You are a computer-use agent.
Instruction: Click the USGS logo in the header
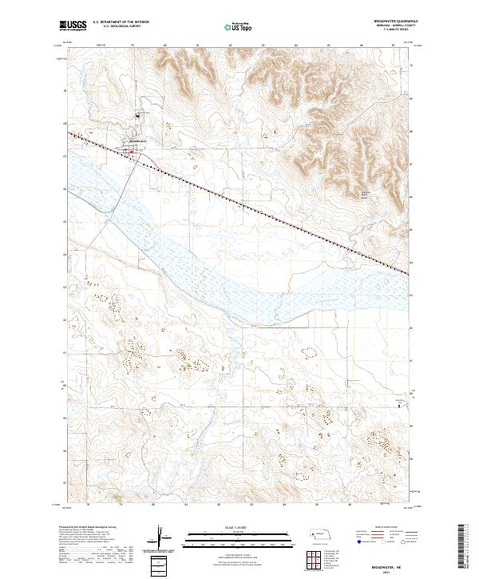(73, 26)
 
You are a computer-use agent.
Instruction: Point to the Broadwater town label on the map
(136, 141)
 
